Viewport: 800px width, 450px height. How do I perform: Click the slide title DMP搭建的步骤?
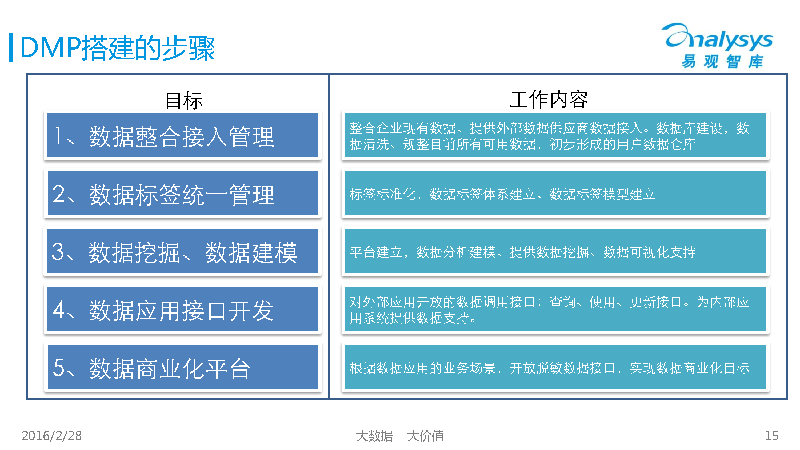tap(117, 48)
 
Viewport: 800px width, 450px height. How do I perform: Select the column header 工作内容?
tap(549, 100)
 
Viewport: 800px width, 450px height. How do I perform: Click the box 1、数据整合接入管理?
tap(183, 135)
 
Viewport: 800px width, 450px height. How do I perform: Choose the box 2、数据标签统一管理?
tap(183, 193)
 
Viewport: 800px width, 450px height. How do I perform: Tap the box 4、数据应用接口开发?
tap(183, 309)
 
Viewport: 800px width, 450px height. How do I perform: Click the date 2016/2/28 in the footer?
tap(51, 436)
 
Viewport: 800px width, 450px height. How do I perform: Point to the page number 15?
tap(771, 436)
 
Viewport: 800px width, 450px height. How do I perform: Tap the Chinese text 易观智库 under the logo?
tap(722, 61)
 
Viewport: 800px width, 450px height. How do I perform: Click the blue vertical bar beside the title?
tap(11, 47)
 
